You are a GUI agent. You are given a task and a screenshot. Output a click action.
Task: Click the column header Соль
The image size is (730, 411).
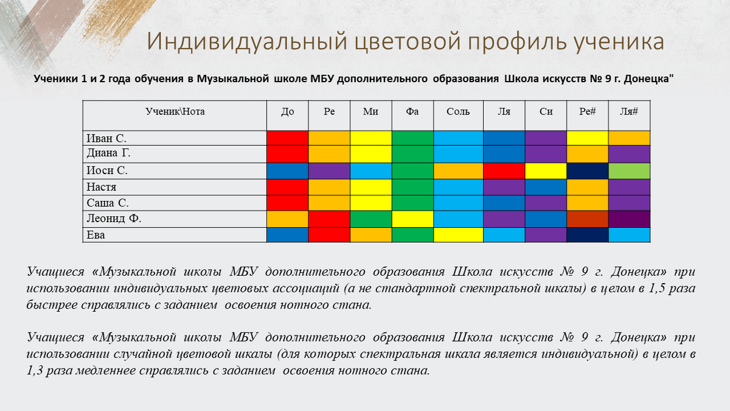coord(458,112)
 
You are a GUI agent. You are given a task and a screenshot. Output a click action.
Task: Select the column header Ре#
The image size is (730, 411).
coord(587,111)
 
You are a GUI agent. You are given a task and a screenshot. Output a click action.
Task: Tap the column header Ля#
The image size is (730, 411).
coord(628,111)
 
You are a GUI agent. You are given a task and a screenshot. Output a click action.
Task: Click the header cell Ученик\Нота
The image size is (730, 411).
coord(175,111)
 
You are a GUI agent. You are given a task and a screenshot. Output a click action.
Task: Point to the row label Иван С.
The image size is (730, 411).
coord(106,138)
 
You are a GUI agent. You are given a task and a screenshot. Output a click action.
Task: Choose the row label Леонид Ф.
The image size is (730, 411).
coord(114,218)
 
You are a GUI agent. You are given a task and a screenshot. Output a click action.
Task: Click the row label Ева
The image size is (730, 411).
coord(96,235)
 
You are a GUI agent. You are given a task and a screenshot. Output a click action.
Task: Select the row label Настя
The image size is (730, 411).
coord(102,187)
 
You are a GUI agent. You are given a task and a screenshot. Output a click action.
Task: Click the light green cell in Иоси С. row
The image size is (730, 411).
coord(629,171)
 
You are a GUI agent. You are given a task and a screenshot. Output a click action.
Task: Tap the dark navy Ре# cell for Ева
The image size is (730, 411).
coord(587,235)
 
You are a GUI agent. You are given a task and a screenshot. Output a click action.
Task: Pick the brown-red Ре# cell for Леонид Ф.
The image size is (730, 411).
coord(587,219)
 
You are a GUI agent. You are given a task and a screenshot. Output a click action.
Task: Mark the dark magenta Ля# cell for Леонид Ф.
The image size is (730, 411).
coord(629,219)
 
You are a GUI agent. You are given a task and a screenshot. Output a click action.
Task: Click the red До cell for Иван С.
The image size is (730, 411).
coord(287,138)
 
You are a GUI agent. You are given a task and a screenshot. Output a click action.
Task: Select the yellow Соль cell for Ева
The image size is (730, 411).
coord(458,235)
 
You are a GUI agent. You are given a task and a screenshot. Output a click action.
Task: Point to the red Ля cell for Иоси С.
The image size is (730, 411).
coord(504,171)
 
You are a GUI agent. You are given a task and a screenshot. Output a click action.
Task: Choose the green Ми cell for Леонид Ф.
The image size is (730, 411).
coord(371,219)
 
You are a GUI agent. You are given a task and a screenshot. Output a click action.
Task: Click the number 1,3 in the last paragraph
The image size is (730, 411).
coord(35,371)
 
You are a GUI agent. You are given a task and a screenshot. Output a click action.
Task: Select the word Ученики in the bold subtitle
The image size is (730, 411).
coord(55,79)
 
